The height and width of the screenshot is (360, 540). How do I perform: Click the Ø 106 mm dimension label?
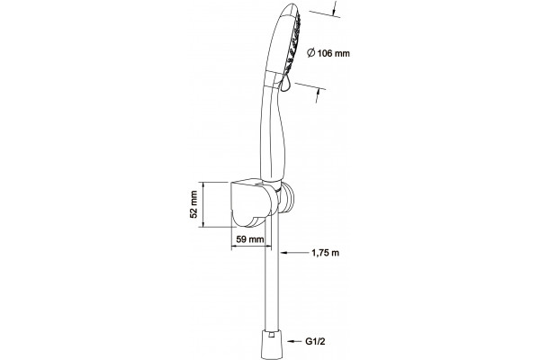pos(328,53)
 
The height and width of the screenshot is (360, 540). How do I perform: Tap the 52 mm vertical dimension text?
pos(193,204)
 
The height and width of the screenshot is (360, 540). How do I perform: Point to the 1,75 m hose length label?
pos(326,253)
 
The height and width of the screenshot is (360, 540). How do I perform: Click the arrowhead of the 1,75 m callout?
pos(283,253)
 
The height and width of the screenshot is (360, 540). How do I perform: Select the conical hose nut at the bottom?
pos(272,345)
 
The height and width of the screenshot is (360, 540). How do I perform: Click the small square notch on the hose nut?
pos(272,335)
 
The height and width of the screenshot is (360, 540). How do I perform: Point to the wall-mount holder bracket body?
pos(248,203)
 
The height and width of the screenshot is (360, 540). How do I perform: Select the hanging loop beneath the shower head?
pos(285,84)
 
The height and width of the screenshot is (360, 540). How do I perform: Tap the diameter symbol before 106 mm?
pos(310,53)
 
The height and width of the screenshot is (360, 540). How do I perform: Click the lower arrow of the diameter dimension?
pos(318,95)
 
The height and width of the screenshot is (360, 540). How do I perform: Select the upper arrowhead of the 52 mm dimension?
pos(203,185)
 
